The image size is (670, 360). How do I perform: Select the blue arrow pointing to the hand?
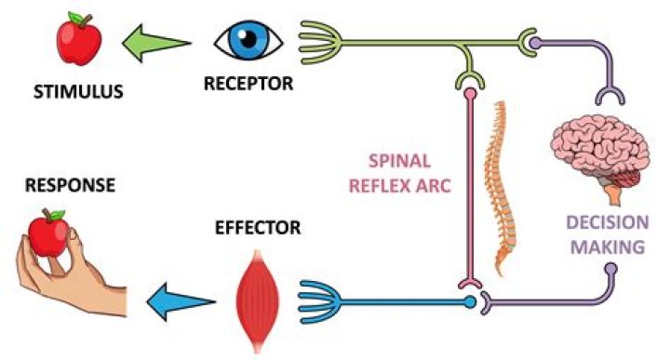181,300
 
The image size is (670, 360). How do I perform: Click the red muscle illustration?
260,297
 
